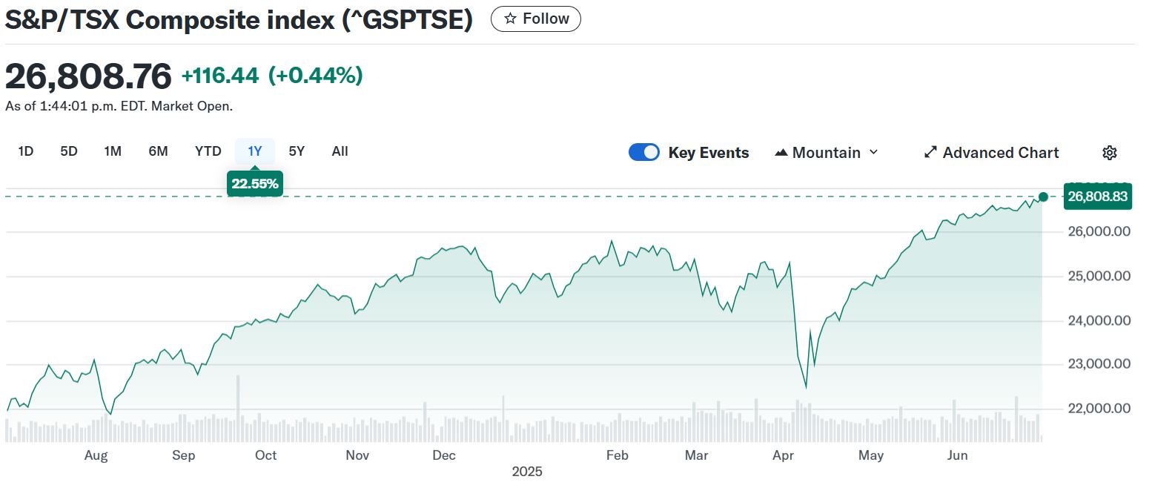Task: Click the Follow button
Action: (535, 19)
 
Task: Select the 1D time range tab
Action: (26, 151)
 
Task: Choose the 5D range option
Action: (69, 151)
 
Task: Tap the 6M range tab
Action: (158, 151)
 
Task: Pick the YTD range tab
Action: (208, 151)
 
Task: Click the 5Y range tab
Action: (297, 151)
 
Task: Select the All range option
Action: (340, 151)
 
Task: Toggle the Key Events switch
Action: (644, 153)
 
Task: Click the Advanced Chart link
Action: (991, 153)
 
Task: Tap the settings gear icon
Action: (1109, 153)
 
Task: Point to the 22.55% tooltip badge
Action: (255, 184)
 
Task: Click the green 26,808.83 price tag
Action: (1098, 197)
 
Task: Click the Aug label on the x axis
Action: (96, 455)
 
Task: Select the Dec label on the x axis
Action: (444, 455)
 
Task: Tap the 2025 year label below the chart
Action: (527, 472)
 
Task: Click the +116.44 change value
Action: (219, 76)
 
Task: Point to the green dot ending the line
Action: (1043, 197)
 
